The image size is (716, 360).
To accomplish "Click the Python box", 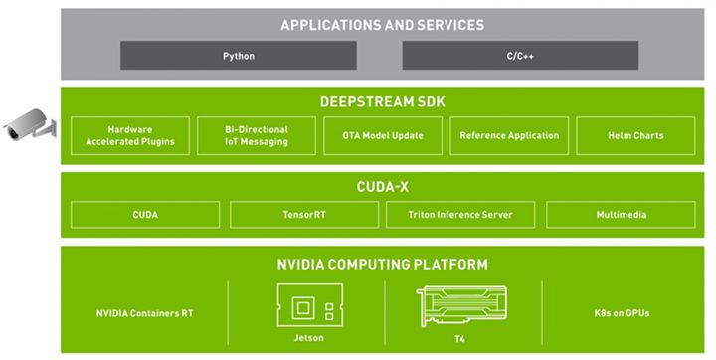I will click(x=239, y=56).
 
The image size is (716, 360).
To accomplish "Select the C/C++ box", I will click(x=520, y=56).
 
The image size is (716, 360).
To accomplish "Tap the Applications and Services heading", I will click(x=382, y=25).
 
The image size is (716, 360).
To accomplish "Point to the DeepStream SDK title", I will click(x=382, y=101).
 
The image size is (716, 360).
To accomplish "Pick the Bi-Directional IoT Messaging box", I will click(x=256, y=135).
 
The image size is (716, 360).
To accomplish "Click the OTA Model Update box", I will click(x=382, y=135).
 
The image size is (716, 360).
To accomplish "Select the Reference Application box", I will click(x=509, y=135).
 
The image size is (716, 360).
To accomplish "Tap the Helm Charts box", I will click(x=634, y=135).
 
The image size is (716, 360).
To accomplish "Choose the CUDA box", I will click(x=145, y=215).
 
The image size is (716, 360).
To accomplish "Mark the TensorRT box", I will click(x=303, y=215).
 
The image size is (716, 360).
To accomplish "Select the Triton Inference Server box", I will click(x=461, y=215).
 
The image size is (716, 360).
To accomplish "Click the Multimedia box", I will click(x=619, y=215).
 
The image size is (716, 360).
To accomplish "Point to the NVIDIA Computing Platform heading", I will click(x=382, y=264).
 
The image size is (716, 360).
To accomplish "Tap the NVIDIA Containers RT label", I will click(x=144, y=313).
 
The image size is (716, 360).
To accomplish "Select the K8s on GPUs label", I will click(x=619, y=313).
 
